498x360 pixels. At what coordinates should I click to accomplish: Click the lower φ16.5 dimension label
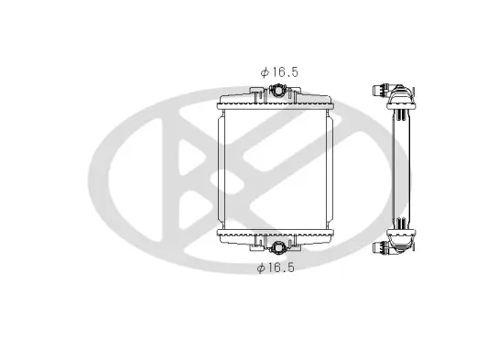(276, 267)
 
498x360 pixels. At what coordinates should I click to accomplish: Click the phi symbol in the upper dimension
(263, 70)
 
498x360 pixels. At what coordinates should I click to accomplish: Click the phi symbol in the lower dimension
(261, 267)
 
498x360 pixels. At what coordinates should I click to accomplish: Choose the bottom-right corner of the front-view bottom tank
(333, 248)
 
